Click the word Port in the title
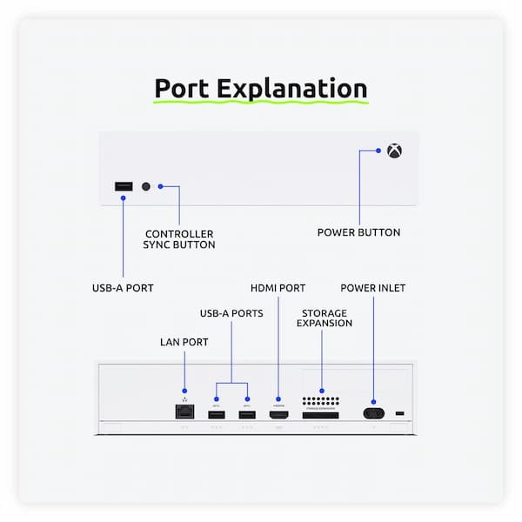[183, 89]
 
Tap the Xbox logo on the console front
[394, 151]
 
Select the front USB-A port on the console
[124, 186]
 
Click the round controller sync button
[146, 186]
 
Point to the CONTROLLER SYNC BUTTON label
[179, 239]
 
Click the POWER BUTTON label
[358, 232]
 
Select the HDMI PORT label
[278, 287]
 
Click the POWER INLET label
[372, 287]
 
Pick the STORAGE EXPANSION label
[325, 318]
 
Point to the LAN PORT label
[184, 342]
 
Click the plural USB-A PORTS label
[231, 313]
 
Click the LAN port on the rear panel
[184, 412]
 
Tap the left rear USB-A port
[216, 412]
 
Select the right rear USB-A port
[247, 412]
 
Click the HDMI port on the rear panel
[278, 414]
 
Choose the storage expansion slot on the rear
[321, 415]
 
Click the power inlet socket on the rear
[375, 413]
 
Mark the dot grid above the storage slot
[322, 399]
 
